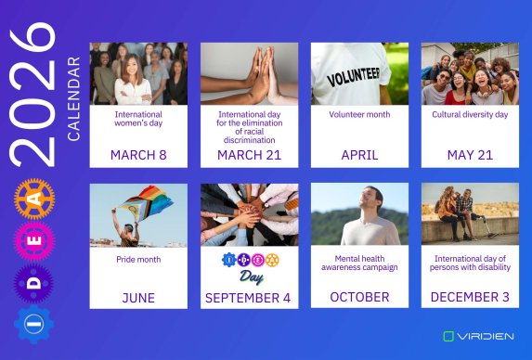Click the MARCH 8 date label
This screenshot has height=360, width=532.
[x=138, y=155]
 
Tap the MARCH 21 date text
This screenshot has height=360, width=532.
[x=249, y=155]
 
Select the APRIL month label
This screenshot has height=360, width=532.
[x=359, y=155]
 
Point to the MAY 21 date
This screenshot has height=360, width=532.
[x=470, y=155]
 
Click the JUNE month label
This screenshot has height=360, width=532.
[x=138, y=298]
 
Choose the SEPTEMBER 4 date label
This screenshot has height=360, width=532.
[x=249, y=298]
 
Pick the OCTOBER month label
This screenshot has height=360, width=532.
[x=359, y=298]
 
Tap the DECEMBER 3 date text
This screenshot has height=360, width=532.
[x=470, y=298]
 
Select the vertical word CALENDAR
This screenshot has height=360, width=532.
[x=74, y=98]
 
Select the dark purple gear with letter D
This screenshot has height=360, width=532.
[x=34, y=281]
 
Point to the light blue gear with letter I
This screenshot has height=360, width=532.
[x=34, y=325]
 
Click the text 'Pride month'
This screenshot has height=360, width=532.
[x=138, y=260]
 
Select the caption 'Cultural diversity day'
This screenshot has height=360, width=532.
[x=470, y=115]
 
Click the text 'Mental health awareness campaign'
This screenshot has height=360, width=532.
[x=359, y=263]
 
